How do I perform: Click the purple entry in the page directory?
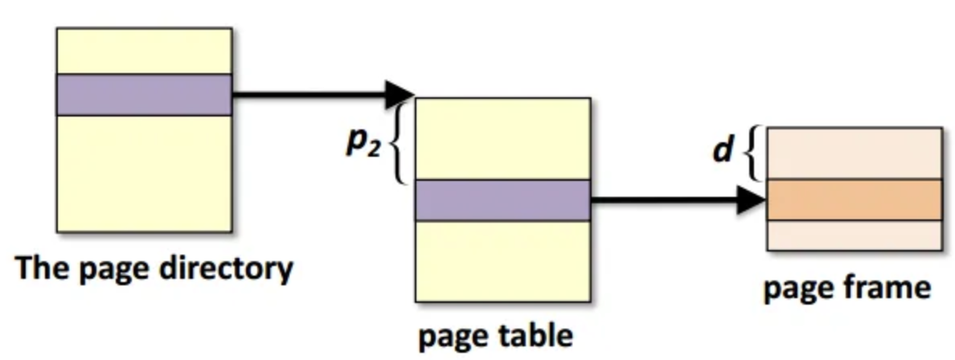coord(144,95)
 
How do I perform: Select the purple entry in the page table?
coord(503,200)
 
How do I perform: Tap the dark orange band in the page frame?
coord(854,199)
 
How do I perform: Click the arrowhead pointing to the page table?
coord(400,95)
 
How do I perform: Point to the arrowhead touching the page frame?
coord(751,200)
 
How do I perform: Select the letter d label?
coord(723,150)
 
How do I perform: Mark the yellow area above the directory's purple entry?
coord(144,51)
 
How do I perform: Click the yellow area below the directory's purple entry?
coord(144,173)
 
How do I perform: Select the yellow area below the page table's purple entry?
coord(503,260)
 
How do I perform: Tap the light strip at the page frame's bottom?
coord(854,235)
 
